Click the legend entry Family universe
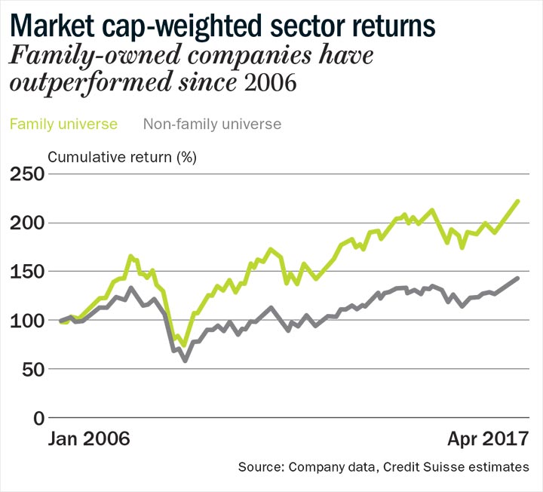pyautogui.click(x=63, y=124)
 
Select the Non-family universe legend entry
pyautogui.click(x=212, y=124)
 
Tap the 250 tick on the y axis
pyautogui.click(x=27, y=174)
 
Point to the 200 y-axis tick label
pyautogui.click(x=27, y=223)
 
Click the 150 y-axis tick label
pyautogui.click(x=27, y=272)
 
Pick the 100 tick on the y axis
pyautogui.click(x=27, y=321)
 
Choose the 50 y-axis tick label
pyautogui.click(x=33, y=370)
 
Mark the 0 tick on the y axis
pyautogui.click(x=39, y=419)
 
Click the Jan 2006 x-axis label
pyautogui.click(x=89, y=438)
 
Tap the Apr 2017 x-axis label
pyautogui.click(x=488, y=438)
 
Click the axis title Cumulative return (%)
pyautogui.click(x=122, y=157)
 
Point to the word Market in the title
pyautogui.click(x=52, y=26)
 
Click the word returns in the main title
pyautogui.click(x=394, y=26)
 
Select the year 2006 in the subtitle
pyautogui.click(x=271, y=82)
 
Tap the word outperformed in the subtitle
pyautogui.click(x=90, y=83)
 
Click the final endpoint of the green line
pyautogui.click(x=518, y=201)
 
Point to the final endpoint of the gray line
pyautogui.click(x=518, y=278)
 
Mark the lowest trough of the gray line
pyautogui.click(x=186, y=361)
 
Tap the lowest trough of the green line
pyautogui.click(x=185, y=346)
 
